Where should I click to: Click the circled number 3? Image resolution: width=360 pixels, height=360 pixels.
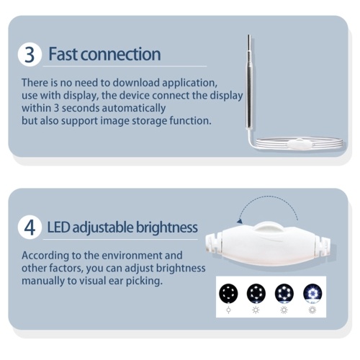[30, 55]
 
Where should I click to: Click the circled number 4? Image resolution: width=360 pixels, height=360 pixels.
[30, 228]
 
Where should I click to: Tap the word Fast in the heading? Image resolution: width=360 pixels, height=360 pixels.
[63, 54]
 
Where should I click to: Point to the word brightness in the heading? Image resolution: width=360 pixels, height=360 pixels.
[167, 227]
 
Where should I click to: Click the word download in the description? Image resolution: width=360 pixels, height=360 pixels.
[136, 83]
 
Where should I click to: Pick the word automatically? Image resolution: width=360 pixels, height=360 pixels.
[134, 109]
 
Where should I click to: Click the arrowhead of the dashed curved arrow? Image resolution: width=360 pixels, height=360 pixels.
[239, 221]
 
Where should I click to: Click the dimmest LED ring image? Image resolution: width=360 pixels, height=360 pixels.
[228, 293]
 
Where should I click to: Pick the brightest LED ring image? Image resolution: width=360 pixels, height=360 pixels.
[312, 293]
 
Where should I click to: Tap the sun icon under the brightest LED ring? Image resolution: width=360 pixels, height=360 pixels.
[312, 310]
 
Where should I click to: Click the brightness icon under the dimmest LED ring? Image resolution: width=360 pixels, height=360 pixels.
[228, 310]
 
